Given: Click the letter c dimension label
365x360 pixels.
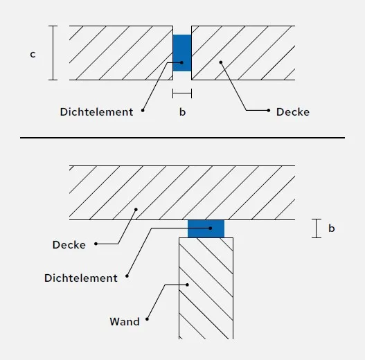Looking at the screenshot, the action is (33, 55).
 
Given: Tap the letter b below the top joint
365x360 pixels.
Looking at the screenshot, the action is (183, 112).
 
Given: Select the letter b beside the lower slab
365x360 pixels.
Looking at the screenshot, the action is (332, 228).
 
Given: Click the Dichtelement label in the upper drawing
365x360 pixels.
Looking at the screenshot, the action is (96, 112).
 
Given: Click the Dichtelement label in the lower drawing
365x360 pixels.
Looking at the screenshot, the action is (81, 278).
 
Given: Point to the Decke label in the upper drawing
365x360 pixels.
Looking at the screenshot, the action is (293, 112).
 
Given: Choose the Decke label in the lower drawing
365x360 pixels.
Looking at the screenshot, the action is (69, 245).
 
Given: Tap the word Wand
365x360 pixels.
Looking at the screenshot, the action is (125, 322).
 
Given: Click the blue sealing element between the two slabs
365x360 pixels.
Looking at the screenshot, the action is (182, 53).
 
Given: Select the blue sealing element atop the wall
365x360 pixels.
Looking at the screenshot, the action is (206, 228).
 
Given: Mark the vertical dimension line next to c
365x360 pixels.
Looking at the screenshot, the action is (53, 53).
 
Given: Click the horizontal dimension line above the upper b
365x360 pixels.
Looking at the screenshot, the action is (182, 93).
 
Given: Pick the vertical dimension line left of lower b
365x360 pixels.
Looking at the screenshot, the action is (317, 228).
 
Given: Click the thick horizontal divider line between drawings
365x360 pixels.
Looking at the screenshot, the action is (183, 138).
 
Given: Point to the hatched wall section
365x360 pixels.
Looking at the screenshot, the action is (206, 288).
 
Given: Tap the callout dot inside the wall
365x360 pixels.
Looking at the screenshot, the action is (187, 285).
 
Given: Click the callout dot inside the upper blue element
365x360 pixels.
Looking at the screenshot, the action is (181, 62).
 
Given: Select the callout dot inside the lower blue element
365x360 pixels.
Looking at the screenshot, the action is (211, 228).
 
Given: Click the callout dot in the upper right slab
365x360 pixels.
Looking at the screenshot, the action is (221, 62).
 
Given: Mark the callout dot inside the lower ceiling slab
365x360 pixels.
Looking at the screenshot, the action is (136, 210).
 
